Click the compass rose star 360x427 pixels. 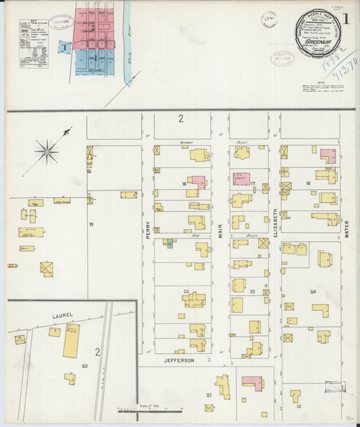[47, 151]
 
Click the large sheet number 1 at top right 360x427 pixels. [346, 20]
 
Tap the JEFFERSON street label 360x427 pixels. [178, 361]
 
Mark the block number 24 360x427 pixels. [313, 292]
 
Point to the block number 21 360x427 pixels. [209, 395]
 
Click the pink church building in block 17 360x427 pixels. [241, 179]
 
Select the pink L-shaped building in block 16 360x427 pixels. [328, 156]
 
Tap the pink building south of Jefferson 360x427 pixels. [252, 382]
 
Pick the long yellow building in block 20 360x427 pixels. [71, 341]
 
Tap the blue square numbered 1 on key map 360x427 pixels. [65, 47]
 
